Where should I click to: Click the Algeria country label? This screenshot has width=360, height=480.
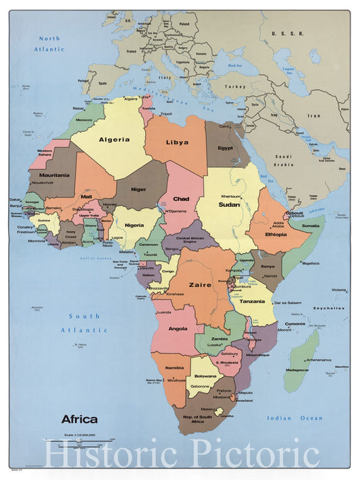pyautogui.click(x=114, y=140)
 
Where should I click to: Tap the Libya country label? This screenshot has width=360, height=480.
pyautogui.click(x=177, y=142)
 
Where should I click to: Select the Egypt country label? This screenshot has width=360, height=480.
pyautogui.click(x=226, y=149)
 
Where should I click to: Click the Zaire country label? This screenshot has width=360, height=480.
pyautogui.click(x=201, y=285)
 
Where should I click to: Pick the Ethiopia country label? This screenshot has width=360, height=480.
pyautogui.click(x=276, y=234)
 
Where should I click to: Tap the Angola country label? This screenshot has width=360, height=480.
pyautogui.click(x=178, y=329)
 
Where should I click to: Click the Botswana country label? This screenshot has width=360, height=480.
pyautogui.click(x=205, y=376)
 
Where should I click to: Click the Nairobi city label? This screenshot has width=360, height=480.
pyautogui.click(x=270, y=275)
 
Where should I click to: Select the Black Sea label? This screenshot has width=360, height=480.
pyautogui.click(x=234, y=65)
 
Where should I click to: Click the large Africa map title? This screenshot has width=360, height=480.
pyautogui.click(x=79, y=419)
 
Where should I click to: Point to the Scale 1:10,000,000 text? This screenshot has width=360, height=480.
pyautogui.click(x=79, y=434)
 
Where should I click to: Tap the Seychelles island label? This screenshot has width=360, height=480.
pyautogui.click(x=329, y=308)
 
